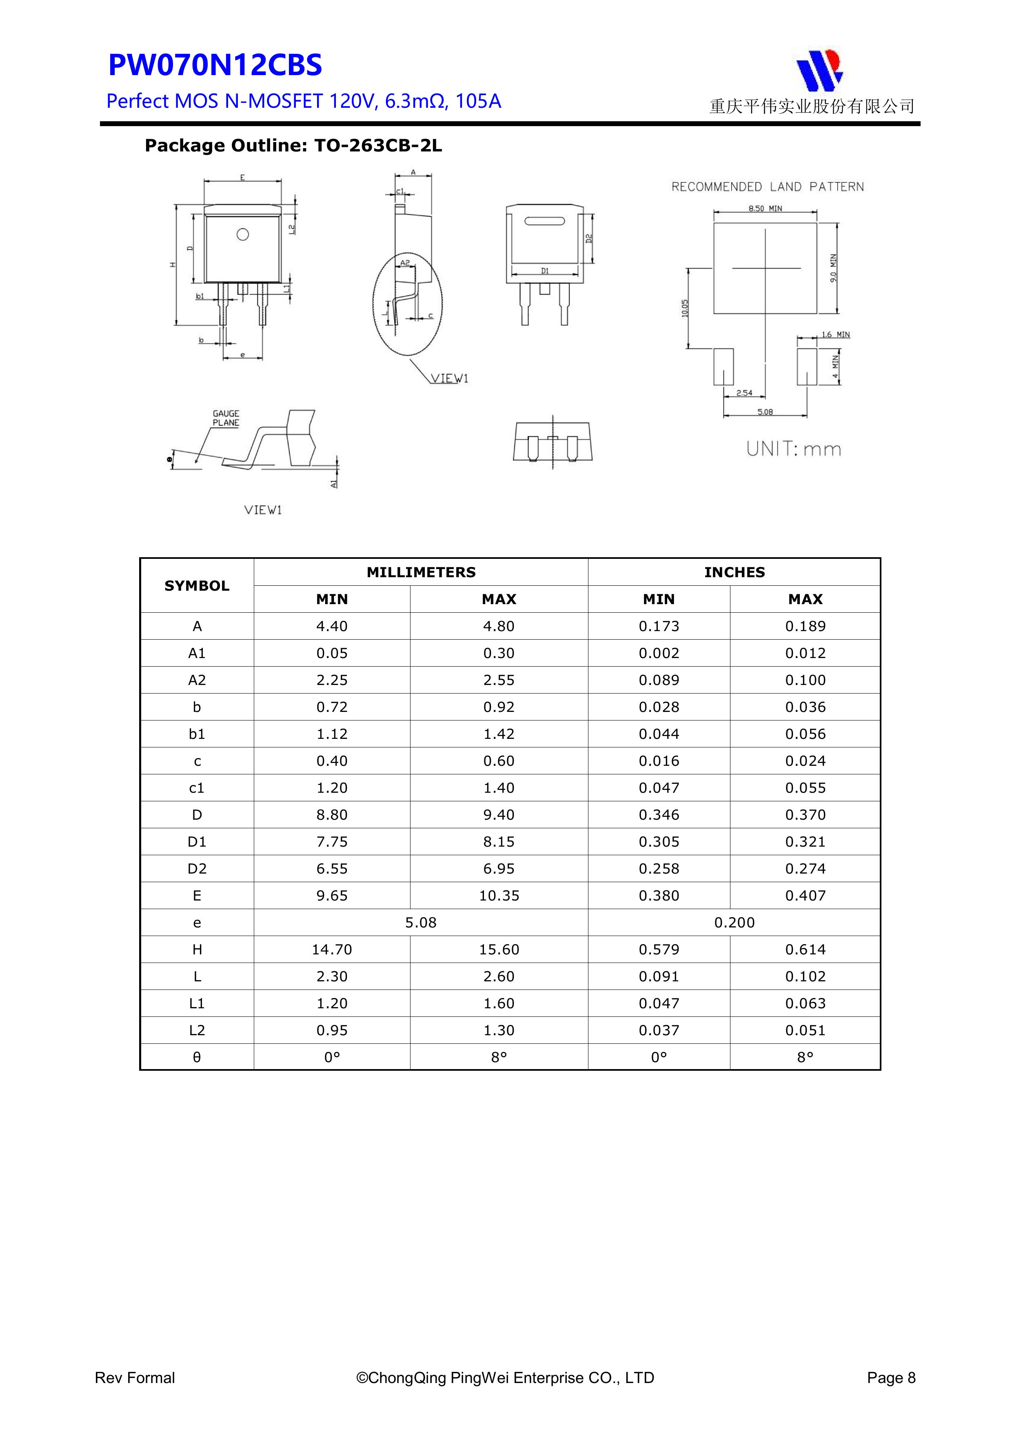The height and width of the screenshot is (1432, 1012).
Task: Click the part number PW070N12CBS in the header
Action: pos(215,65)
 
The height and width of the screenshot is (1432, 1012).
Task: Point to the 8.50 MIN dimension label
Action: pos(765,208)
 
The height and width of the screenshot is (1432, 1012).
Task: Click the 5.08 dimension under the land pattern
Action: pos(765,411)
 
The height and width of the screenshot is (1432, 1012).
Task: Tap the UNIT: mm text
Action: pos(794,449)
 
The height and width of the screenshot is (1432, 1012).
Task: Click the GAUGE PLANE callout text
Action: pos(226,418)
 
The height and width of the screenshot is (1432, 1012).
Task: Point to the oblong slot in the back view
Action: pos(544,221)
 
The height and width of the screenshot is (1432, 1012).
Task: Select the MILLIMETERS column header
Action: pos(421,572)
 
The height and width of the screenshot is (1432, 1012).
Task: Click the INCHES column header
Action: pos(734,572)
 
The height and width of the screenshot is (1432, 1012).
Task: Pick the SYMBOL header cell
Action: pos(197,586)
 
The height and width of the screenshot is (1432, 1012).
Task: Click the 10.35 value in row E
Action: pos(499,896)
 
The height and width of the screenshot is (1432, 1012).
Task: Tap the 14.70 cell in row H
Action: pos(332,949)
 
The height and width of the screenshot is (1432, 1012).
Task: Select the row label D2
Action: pos(197,869)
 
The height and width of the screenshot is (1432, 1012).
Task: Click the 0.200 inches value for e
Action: pos(734,923)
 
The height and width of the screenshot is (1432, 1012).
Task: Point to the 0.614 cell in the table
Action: pos(805,949)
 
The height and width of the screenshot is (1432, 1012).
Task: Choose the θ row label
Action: pos(197,1057)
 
